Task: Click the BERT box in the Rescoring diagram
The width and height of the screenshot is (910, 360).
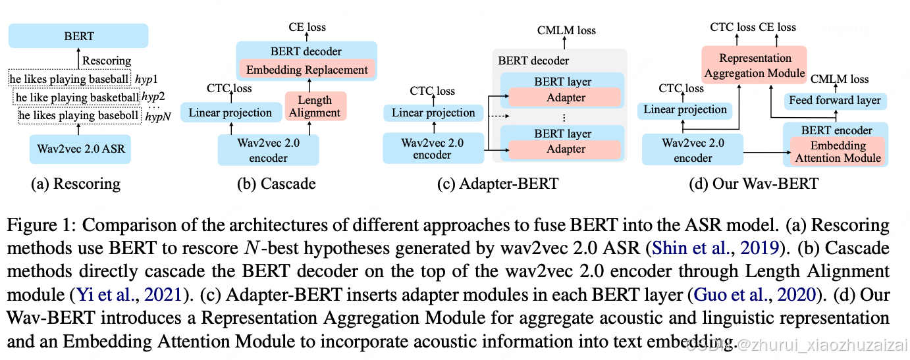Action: coord(78,36)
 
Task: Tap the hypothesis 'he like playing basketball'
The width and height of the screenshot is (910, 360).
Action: coord(77,98)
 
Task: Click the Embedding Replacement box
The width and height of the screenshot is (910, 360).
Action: coord(307,70)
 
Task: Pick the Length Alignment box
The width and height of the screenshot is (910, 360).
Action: coord(315,106)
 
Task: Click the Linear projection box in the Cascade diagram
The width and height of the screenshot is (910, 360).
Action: coord(230,113)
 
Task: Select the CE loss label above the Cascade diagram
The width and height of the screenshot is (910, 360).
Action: coord(307,27)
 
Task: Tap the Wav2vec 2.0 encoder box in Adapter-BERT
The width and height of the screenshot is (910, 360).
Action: coord(433,149)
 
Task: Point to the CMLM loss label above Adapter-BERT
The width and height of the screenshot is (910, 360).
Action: coord(566,30)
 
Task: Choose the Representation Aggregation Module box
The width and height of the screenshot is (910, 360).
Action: coord(755,65)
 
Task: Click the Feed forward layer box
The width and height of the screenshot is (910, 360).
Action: coord(834,101)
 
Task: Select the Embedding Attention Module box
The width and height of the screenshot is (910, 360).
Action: coord(838,151)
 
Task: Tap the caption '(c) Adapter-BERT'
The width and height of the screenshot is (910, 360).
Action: coord(498,184)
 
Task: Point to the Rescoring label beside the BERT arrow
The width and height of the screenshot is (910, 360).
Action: coord(106,61)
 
